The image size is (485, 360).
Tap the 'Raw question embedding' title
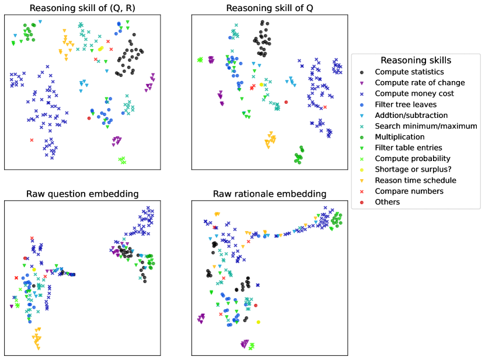coord(82,194)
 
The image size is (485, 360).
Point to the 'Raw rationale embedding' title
coord(269,194)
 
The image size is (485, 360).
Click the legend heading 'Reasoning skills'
coord(416,61)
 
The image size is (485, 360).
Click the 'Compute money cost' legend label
coord(414,93)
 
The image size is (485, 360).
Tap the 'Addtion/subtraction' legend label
coord(411,115)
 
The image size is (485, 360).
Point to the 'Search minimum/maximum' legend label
coord(426,126)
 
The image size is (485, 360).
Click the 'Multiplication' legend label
coord(399,137)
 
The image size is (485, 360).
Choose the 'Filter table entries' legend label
coord(409,148)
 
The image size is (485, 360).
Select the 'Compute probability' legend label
coord(413,159)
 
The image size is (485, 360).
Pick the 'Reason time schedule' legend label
coord(416,180)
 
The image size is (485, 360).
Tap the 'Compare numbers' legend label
coord(409,191)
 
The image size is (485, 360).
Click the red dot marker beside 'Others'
coord(362,202)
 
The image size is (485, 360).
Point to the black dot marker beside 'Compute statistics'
coord(362,72)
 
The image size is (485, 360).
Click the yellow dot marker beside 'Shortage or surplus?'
coord(362,169)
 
